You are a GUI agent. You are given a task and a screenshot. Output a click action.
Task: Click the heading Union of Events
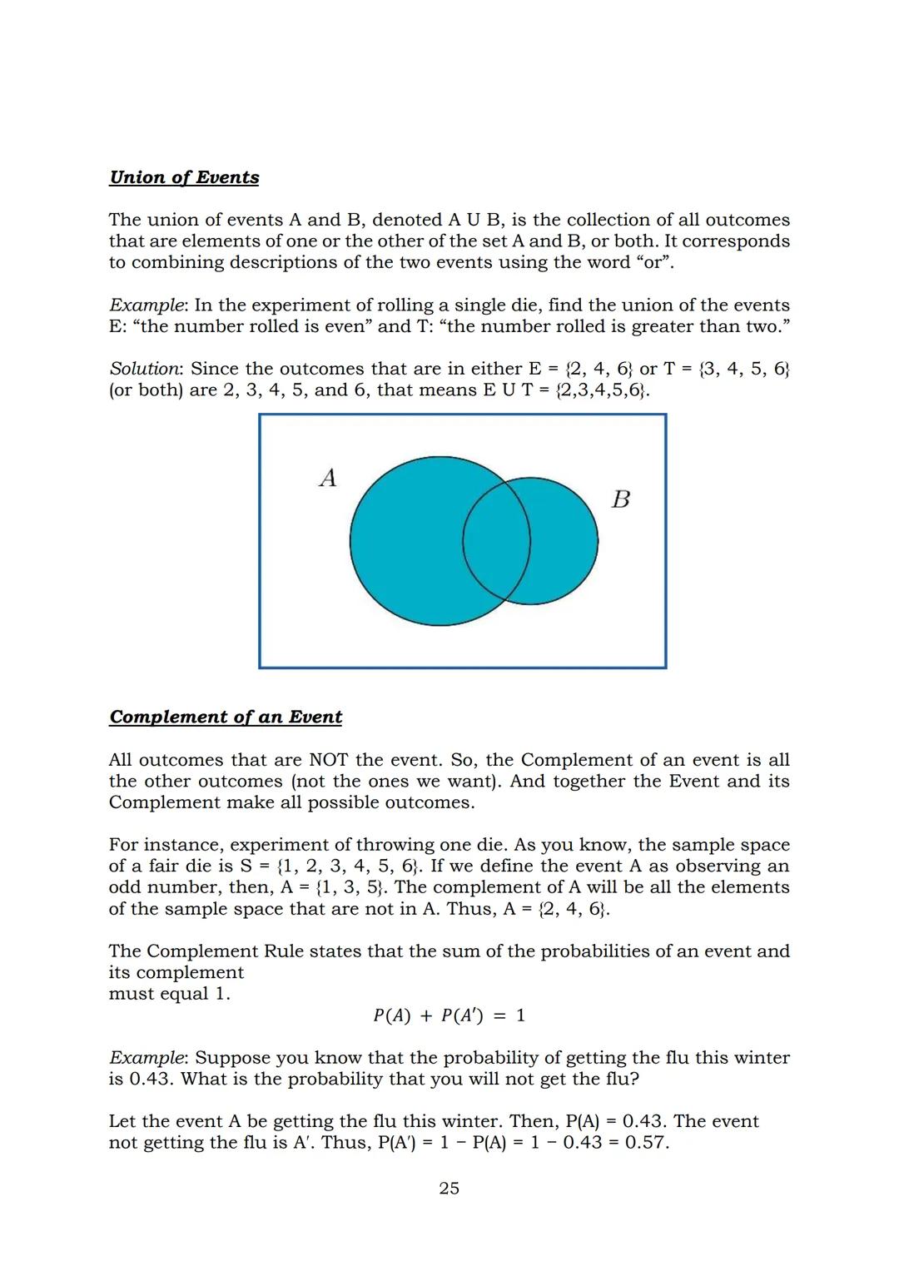(x=184, y=177)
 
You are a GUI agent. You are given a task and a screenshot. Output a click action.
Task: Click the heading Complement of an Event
(x=226, y=717)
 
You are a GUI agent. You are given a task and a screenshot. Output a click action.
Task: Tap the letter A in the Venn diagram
(x=328, y=478)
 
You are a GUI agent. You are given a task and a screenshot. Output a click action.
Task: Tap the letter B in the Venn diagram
(x=620, y=499)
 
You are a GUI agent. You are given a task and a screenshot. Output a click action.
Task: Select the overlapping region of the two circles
(x=497, y=541)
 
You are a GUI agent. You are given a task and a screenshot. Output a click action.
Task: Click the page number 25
(x=449, y=1188)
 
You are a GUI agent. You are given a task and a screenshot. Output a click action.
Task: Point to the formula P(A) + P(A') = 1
(x=449, y=1015)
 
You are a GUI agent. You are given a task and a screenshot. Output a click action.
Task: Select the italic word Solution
(x=145, y=369)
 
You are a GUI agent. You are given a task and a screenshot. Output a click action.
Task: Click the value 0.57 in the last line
(x=646, y=1142)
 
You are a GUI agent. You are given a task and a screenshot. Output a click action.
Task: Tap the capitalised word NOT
(x=328, y=760)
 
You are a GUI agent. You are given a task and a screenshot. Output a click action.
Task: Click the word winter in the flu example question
(x=758, y=1058)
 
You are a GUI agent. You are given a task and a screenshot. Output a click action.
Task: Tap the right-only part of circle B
(x=566, y=541)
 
